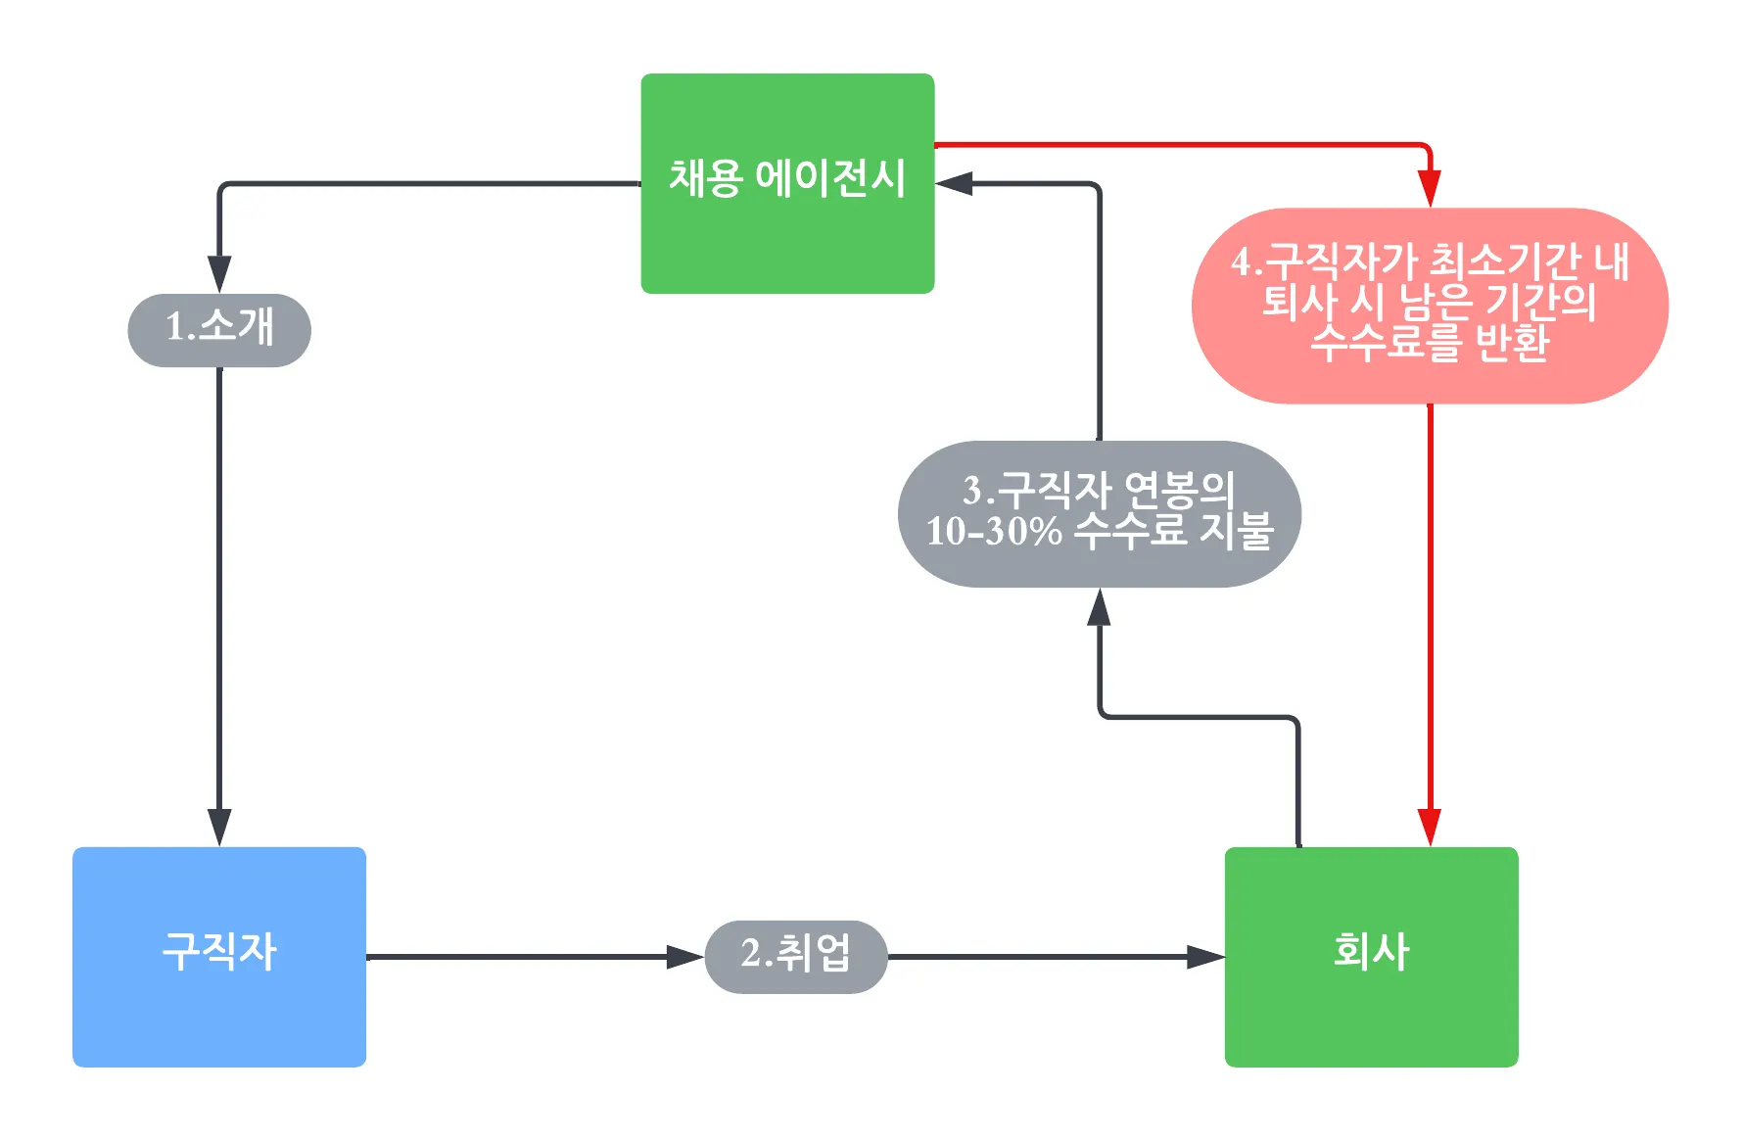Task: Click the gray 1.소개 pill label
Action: [219, 329]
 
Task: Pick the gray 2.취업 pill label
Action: [795, 956]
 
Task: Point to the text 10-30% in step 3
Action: [993, 531]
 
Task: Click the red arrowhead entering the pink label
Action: [1430, 188]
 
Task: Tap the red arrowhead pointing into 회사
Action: [1430, 828]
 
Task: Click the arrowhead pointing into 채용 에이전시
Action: [954, 183]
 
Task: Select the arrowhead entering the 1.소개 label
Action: [219, 274]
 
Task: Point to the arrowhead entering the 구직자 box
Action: [219, 828]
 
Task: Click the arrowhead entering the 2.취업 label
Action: [684, 956]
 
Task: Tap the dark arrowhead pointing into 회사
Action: [1205, 956]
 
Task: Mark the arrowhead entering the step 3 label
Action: [1100, 607]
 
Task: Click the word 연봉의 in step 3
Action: [1179, 489]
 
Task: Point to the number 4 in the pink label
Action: [1242, 261]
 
